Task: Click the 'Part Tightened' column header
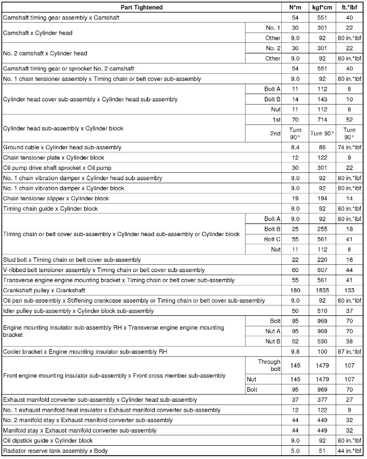[141, 8]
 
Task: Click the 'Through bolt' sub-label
[270, 366]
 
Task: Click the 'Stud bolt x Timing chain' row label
[72, 259]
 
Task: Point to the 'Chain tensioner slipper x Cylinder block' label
[56, 198]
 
